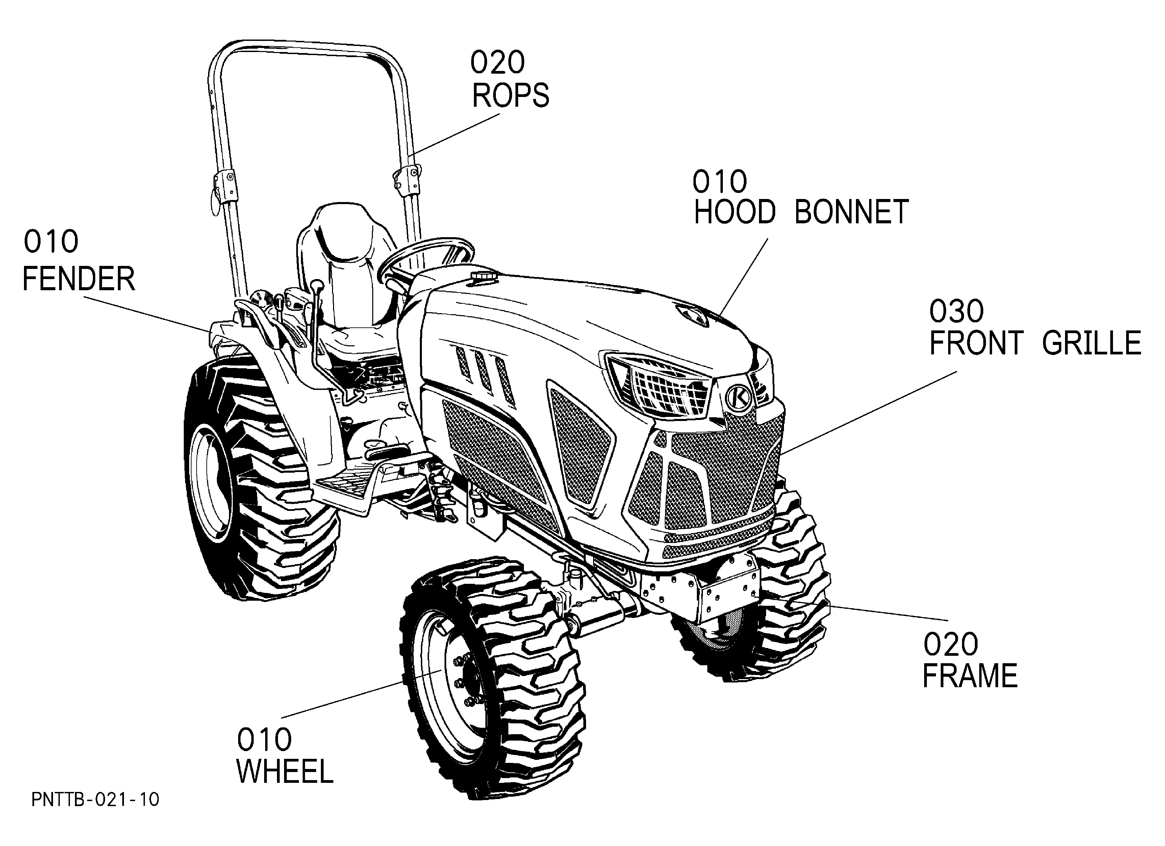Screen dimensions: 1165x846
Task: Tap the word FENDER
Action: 79,279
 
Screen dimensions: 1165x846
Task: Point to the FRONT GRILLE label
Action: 1035,343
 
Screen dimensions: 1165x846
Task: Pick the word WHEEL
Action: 285,772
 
